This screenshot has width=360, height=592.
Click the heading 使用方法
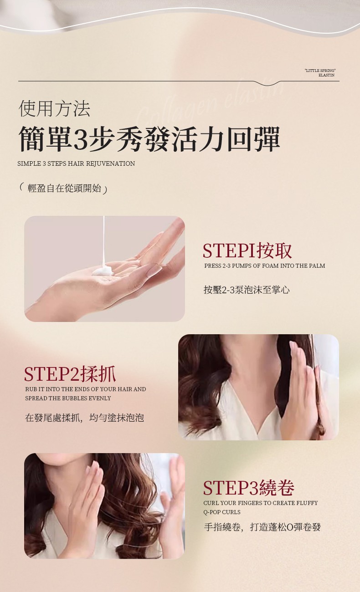click(x=55, y=108)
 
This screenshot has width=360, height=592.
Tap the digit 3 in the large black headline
click(x=80, y=139)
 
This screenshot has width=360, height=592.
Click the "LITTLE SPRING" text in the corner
click(x=320, y=71)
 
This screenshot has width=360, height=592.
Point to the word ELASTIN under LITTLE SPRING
click(x=326, y=75)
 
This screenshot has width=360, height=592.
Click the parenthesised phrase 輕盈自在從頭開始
click(x=64, y=188)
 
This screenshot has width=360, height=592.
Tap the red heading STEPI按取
click(x=247, y=250)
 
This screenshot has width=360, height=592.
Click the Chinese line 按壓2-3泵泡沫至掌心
click(x=247, y=290)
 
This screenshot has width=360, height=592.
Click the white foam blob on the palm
click(x=103, y=270)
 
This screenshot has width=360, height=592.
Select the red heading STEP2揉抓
click(x=70, y=374)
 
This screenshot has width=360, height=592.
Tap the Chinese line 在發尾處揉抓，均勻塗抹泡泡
click(x=84, y=418)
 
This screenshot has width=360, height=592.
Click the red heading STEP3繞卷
click(x=249, y=488)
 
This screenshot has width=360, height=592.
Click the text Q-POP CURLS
click(x=222, y=512)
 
